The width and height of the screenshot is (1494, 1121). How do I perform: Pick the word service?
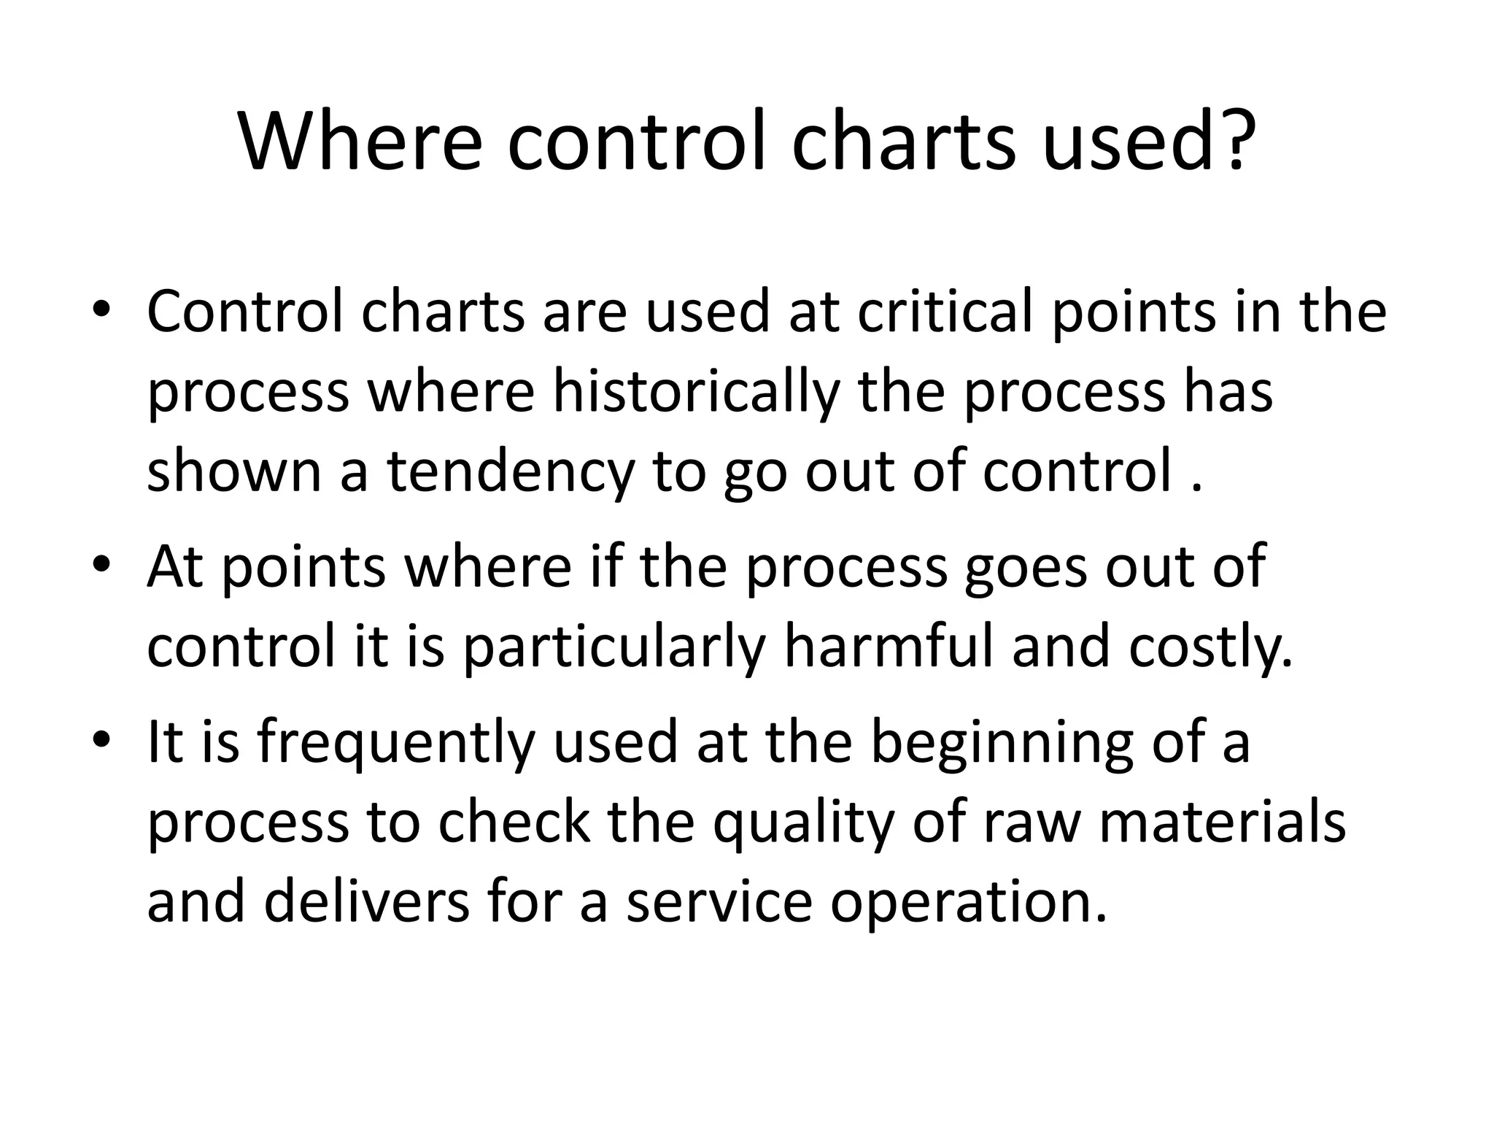coord(719,901)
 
